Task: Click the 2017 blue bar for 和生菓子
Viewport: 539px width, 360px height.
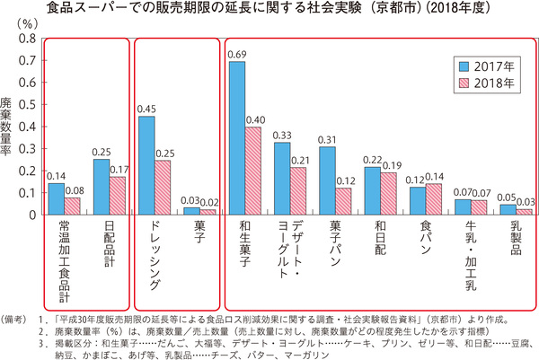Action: [x=238, y=138]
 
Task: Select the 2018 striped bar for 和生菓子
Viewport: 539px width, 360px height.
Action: [x=254, y=171]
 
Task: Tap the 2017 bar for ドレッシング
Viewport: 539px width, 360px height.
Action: [x=146, y=165]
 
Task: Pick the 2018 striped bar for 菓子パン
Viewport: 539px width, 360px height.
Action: [x=343, y=202]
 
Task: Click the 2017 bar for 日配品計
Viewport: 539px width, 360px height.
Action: [x=101, y=187]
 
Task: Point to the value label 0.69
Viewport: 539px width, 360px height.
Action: [x=237, y=54]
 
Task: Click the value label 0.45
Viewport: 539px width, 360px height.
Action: [x=146, y=108]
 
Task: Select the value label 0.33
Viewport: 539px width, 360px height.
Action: [x=281, y=135]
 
